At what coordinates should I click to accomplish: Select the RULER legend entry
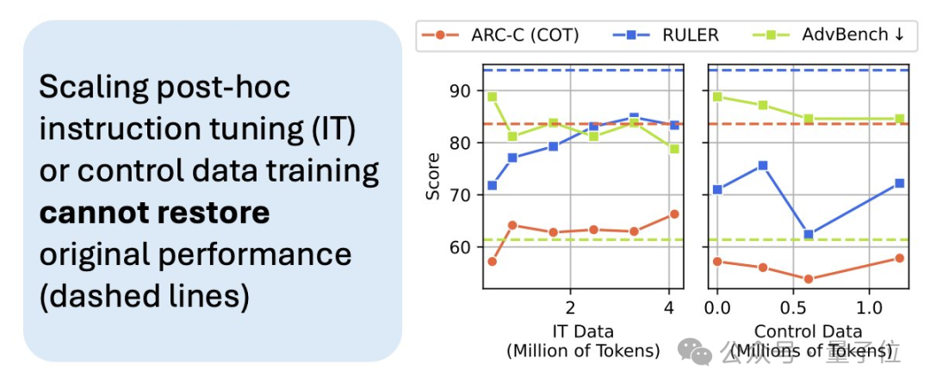666,35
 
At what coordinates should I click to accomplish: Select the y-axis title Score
433,177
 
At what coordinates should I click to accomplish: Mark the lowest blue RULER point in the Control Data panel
809,234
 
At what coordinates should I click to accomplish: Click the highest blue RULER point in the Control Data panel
763,165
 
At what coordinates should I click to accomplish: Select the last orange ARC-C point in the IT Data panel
674,213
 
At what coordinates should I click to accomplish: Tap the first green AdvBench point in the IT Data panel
492,96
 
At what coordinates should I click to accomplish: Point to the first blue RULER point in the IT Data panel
492,185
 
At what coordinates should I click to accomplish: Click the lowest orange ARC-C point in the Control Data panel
809,279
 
